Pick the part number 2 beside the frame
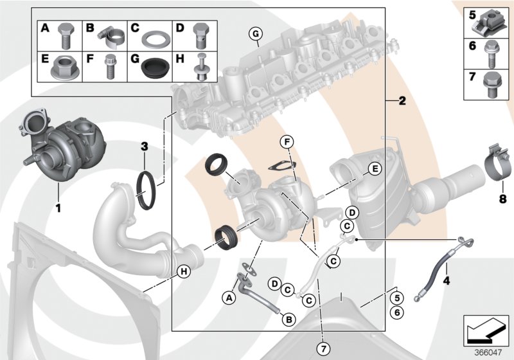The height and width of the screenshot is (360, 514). tap(402, 101)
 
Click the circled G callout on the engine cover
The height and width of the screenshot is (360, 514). tap(255, 33)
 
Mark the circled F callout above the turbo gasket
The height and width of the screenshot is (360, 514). tap(288, 142)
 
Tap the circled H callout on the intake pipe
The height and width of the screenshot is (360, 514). tap(184, 272)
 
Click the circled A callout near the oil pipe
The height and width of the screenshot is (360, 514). tap(228, 297)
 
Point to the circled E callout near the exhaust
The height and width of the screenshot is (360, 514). tap(374, 170)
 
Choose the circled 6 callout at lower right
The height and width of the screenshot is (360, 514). tap(397, 311)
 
